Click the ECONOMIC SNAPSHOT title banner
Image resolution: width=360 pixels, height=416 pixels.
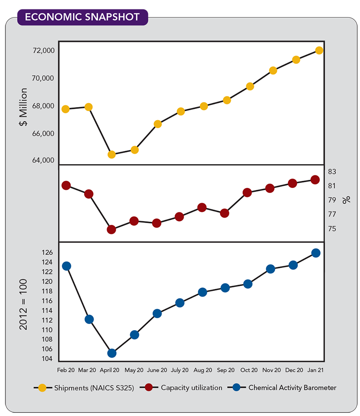click(x=82, y=17)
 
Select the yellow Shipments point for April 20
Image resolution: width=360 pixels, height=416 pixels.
click(x=112, y=154)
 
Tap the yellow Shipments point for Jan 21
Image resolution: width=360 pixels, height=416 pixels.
click(x=319, y=50)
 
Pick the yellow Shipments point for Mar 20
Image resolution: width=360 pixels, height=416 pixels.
click(x=89, y=107)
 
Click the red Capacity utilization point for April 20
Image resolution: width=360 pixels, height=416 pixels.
click(x=112, y=229)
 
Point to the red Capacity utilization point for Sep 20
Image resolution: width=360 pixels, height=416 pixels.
click(x=225, y=213)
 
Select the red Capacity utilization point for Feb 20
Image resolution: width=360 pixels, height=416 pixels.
click(x=66, y=185)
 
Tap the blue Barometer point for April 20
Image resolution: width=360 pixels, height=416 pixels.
click(x=112, y=353)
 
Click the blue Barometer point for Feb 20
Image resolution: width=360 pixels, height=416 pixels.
click(x=66, y=266)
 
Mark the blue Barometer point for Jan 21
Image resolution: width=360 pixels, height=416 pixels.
click(x=316, y=253)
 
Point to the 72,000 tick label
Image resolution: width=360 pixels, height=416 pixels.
click(x=44, y=51)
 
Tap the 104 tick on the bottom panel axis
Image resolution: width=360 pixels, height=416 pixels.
click(x=49, y=359)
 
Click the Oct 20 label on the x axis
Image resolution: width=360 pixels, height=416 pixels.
click(x=248, y=370)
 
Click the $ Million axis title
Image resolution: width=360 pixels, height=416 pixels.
click(x=24, y=107)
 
